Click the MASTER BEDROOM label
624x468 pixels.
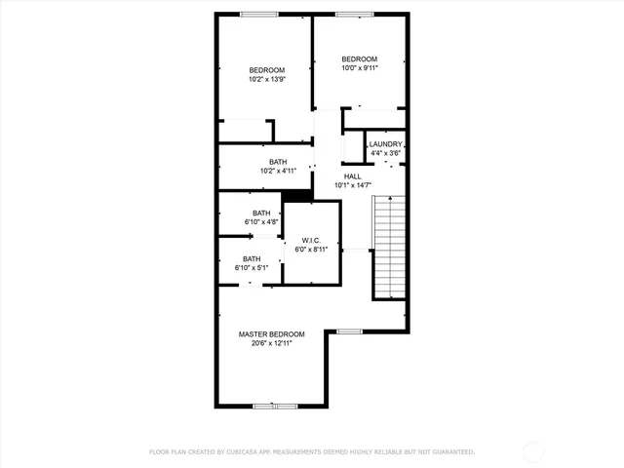[x=272, y=333]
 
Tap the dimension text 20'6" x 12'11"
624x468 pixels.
[x=272, y=343]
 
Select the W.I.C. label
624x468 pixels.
[x=312, y=240]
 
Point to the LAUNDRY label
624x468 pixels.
[x=385, y=144]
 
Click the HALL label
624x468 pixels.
[x=352, y=176]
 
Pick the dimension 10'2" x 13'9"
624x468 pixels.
[x=266, y=79]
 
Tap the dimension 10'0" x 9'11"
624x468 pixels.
[x=358, y=68]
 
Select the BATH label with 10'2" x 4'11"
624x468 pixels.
[x=278, y=162]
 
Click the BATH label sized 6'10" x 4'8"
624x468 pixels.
[x=261, y=213]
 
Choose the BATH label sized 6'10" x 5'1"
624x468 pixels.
[x=252, y=258]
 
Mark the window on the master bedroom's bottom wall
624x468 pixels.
[x=273, y=406]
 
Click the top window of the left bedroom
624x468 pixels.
[x=256, y=14]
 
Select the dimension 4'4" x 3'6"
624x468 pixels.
[x=385, y=153]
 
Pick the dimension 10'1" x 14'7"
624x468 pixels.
[x=352, y=185]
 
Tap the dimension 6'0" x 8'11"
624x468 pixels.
[x=312, y=250]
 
